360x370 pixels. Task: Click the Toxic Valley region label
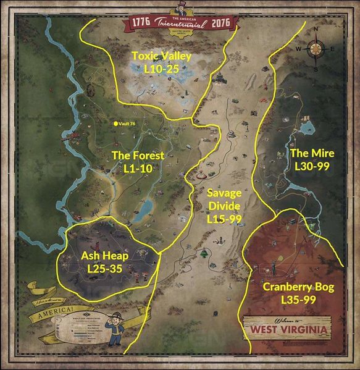click(x=162, y=57)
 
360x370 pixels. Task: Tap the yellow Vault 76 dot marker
click(x=115, y=124)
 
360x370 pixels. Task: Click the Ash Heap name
click(x=105, y=256)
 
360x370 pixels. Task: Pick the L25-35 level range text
click(x=105, y=269)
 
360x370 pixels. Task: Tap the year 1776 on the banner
click(x=141, y=24)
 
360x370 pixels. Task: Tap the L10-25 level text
click(x=162, y=69)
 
